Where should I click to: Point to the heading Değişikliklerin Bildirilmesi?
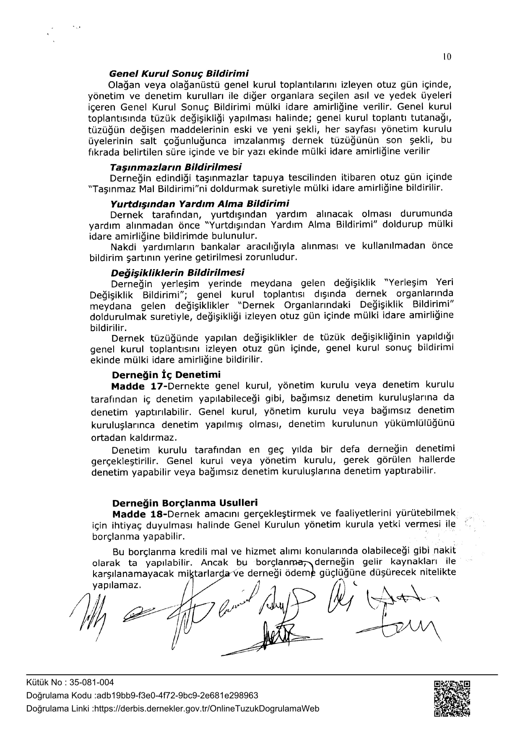177,273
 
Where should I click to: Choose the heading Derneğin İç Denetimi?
166,374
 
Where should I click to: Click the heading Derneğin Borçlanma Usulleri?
185,502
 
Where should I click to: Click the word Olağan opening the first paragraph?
122,84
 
